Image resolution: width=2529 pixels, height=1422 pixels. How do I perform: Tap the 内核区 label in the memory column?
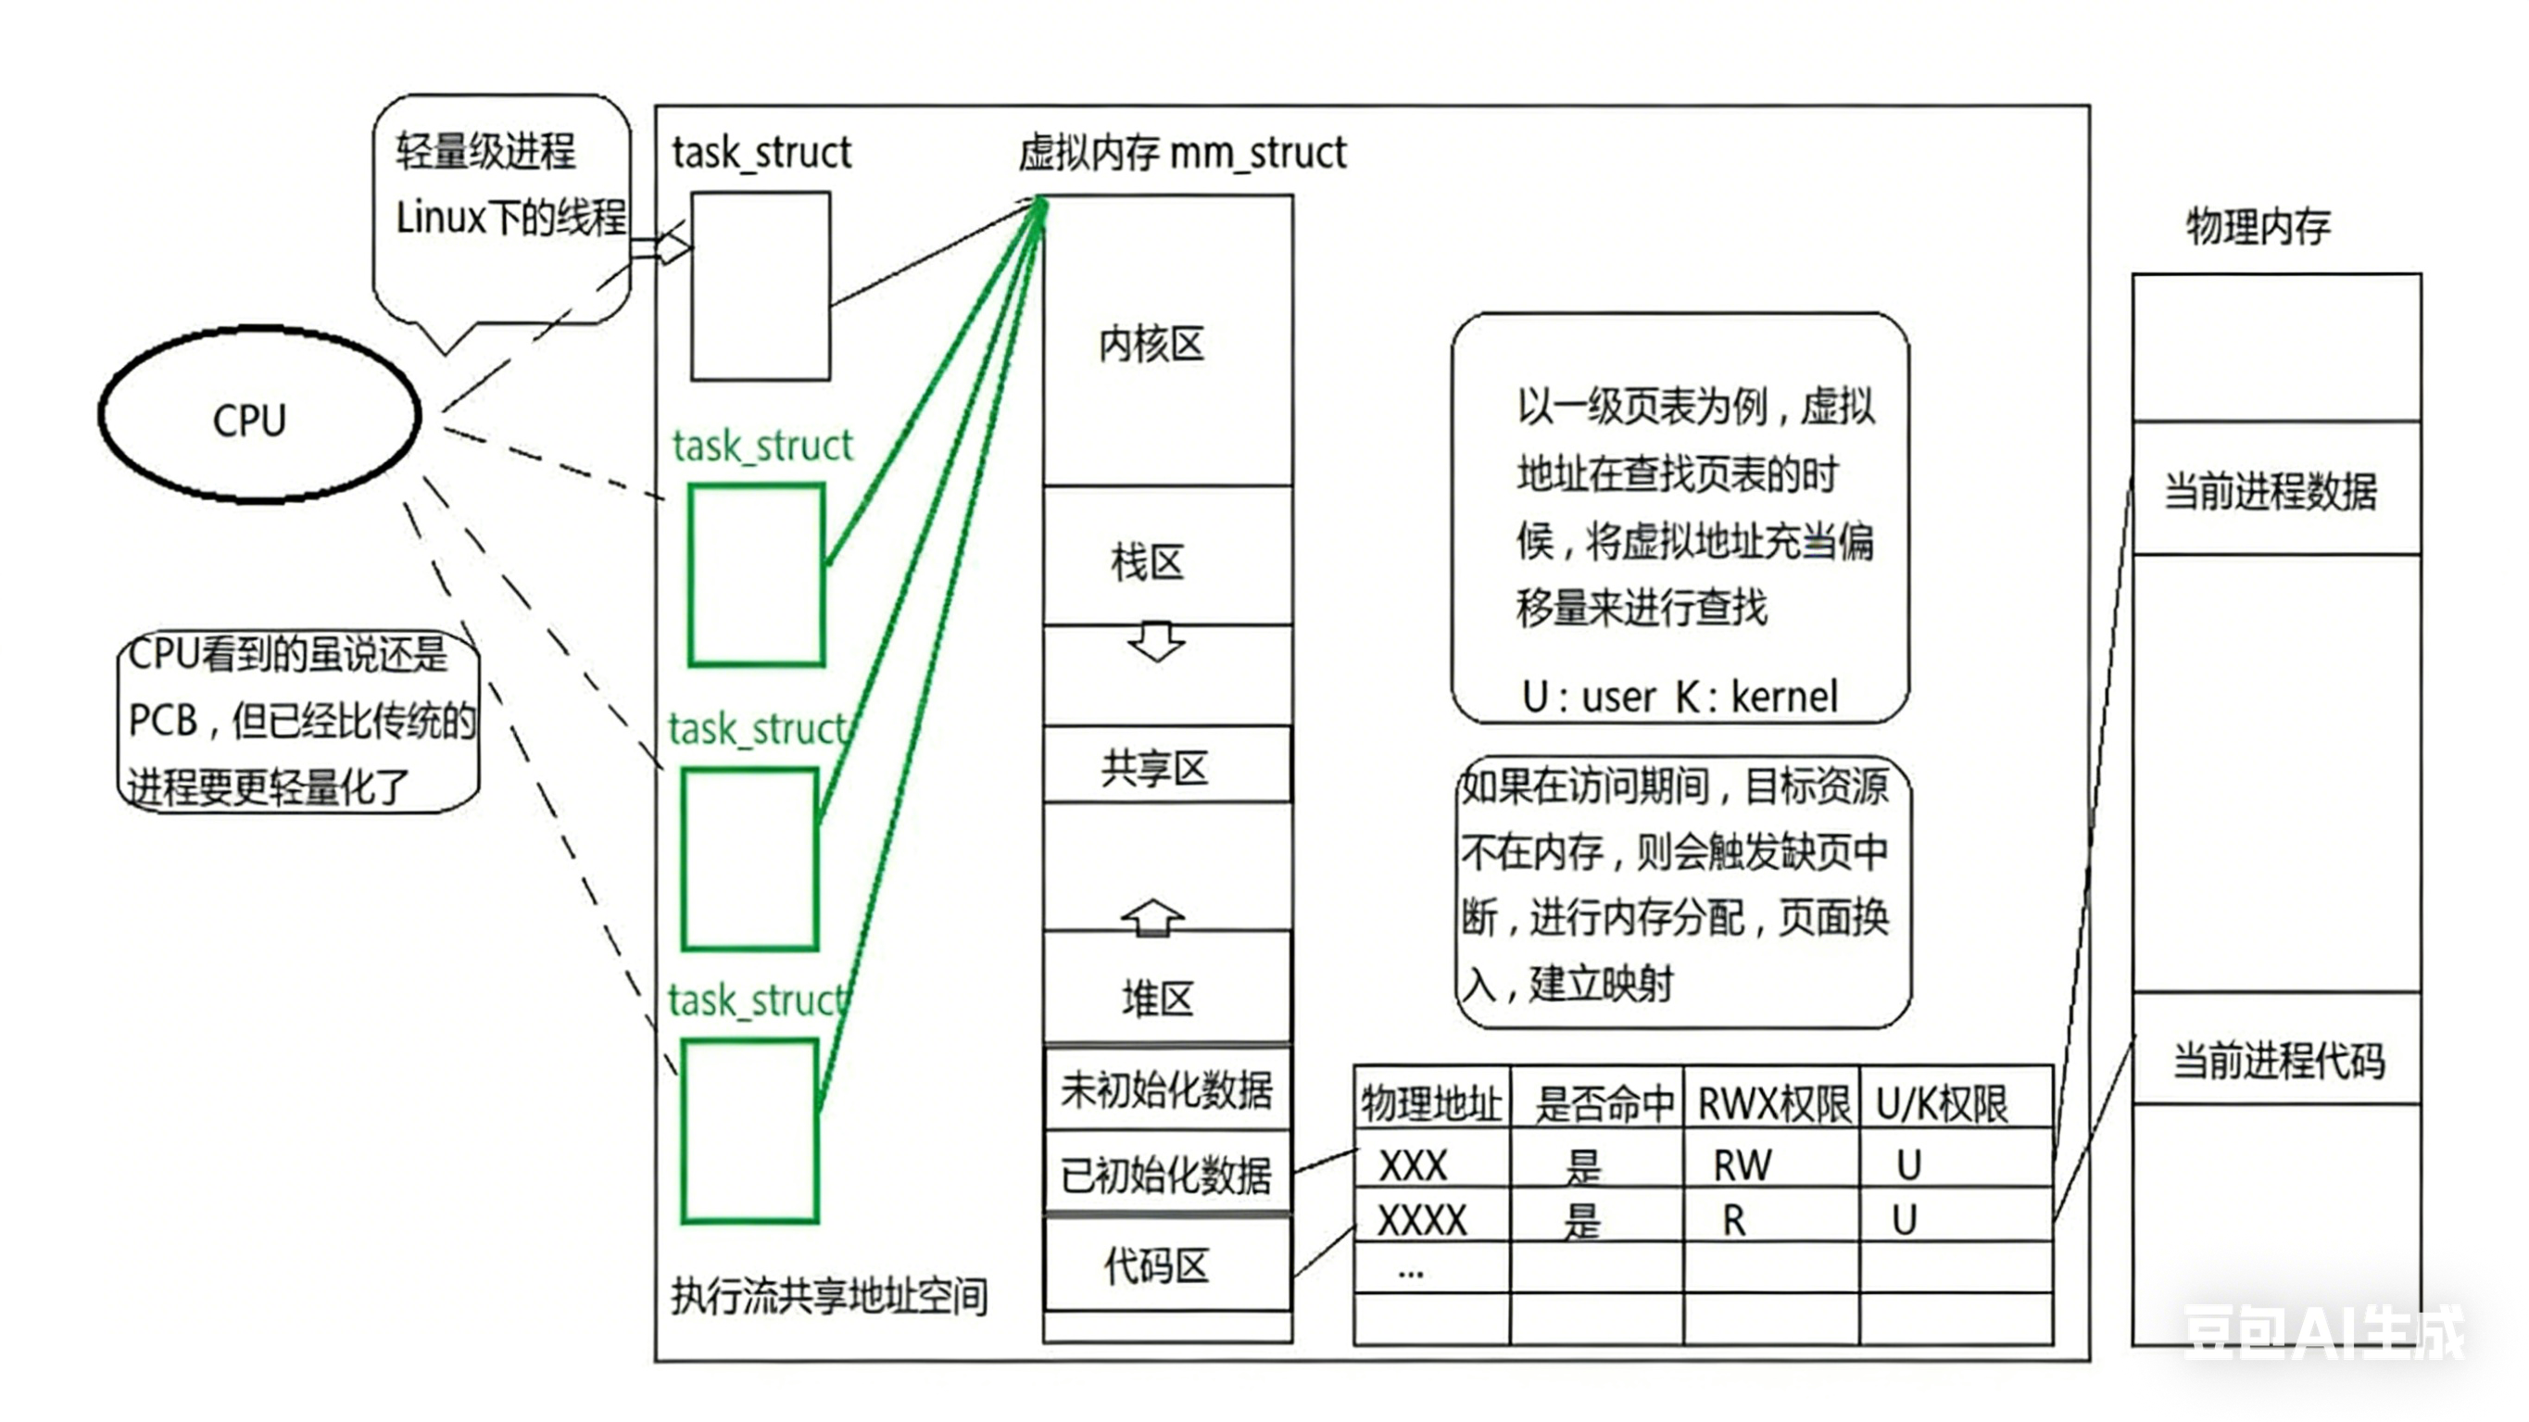coord(1151,344)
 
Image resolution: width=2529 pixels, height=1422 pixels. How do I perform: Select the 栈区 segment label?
coord(1148,562)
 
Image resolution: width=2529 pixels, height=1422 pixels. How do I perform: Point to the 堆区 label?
coord(1157,998)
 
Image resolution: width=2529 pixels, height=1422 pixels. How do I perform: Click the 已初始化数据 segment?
coord(1166,1174)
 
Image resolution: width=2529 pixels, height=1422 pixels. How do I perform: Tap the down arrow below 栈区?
coord(1155,641)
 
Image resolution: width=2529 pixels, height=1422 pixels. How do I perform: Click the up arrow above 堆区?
coord(1152,917)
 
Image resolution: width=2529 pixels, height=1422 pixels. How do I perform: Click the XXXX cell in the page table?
coord(1422,1220)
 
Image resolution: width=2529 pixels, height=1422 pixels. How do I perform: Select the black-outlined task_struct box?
coord(761,285)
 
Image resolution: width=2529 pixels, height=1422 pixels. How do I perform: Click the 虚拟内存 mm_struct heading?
coord(1182,153)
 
